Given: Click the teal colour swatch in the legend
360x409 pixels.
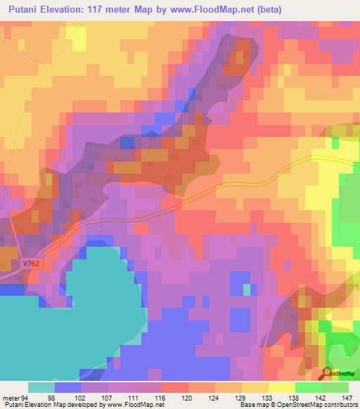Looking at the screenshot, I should pos(41,387).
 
